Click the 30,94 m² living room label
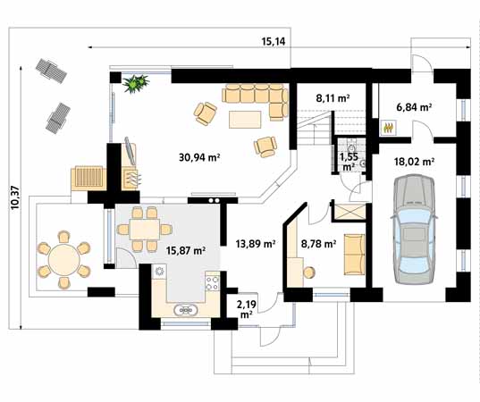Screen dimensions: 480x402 (199, 157)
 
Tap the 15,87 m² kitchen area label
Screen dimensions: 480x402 (186, 250)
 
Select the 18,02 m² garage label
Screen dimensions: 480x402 (415, 162)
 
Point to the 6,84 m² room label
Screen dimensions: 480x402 (414, 107)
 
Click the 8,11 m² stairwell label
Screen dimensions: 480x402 (333, 98)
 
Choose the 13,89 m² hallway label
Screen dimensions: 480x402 (256, 244)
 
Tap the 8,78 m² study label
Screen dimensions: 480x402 (319, 244)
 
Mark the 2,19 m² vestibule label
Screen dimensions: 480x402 (246, 309)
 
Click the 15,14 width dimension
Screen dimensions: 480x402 (274, 41)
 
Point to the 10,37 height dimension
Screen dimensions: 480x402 (15, 197)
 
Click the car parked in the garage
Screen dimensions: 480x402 (414, 230)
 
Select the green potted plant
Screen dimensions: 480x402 (136, 83)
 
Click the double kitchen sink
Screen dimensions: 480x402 (186, 310)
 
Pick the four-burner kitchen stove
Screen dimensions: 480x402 (213, 282)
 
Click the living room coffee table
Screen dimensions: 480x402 (245, 120)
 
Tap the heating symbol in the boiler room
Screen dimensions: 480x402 (389, 128)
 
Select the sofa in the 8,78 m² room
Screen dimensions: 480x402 (355, 255)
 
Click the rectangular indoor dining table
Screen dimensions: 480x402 (145, 230)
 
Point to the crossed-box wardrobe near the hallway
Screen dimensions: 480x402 (349, 211)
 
